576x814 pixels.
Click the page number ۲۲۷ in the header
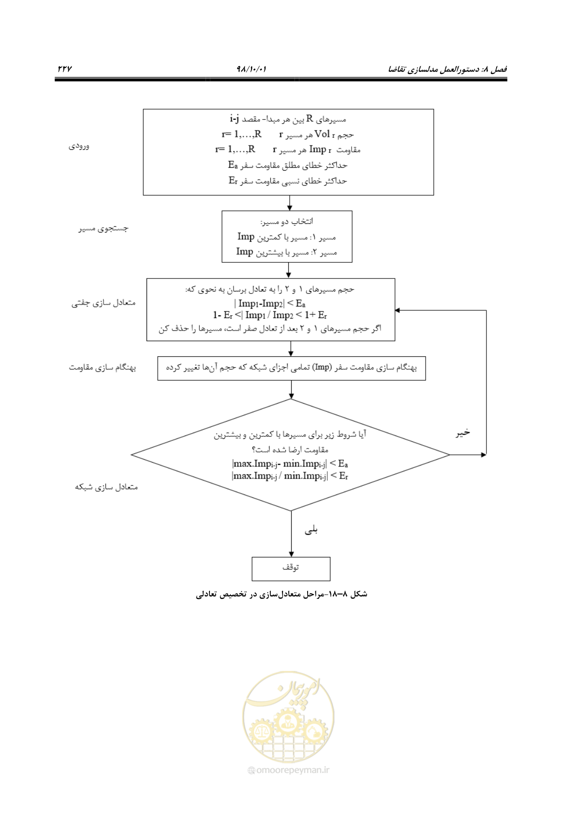point(65,68)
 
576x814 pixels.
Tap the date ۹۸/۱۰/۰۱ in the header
point(251,68)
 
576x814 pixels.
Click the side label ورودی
point(79,146)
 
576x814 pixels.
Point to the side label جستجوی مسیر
point(103,229)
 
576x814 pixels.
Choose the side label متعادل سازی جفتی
point(103,302)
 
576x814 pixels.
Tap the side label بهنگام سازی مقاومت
point(103,368)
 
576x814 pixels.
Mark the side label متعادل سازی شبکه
point(106,487)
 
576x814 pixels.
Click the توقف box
point(291,569)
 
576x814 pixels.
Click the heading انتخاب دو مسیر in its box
point(287,221)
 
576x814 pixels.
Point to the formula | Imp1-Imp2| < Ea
point(270,303)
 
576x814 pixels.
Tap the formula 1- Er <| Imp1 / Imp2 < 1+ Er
point(270,315)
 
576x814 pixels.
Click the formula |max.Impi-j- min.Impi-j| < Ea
point(290,464)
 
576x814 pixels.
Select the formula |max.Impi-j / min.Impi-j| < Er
point(290,476)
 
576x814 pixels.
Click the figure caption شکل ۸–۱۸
point(282,594)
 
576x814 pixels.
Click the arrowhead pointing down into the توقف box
point(291,554)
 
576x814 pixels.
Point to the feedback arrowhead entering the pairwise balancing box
point(398,310)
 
